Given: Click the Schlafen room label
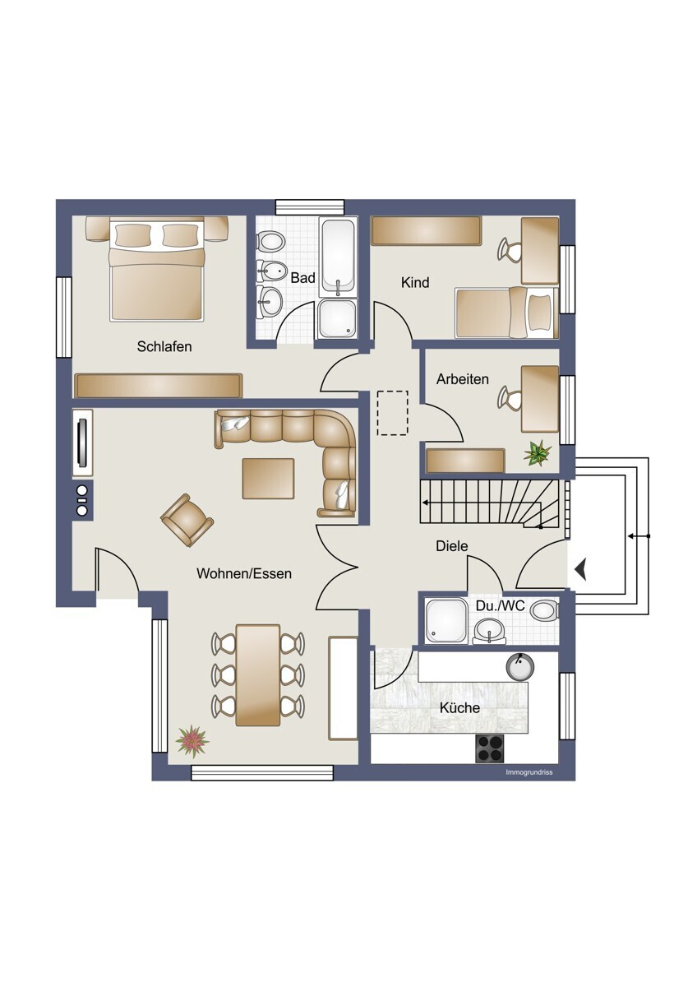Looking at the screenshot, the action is [164, 346].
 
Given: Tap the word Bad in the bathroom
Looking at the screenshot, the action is [303, 278].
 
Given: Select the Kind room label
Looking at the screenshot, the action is [415, 282].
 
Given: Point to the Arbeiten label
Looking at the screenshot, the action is [462, 379].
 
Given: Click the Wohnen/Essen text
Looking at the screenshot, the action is [244, 574].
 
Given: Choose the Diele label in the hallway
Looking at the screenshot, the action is [452, 546].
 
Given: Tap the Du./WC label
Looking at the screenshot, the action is [501, 606].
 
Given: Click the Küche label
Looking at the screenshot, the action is [459, 708].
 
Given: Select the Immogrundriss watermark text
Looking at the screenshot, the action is [529, 772].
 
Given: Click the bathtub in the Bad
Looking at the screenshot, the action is [338, 257].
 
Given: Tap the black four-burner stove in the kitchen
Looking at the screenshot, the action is [489, 749].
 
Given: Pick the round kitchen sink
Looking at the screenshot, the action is [519, 667].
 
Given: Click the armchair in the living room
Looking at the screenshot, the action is [187, 520].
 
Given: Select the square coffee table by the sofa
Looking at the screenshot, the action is [268, 479].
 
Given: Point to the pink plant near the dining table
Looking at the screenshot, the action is [192, 741].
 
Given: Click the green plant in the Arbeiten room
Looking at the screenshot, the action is [538, 453].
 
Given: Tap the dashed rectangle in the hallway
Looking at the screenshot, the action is [393, 413].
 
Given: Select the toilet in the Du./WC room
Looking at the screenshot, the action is [544, 611].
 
